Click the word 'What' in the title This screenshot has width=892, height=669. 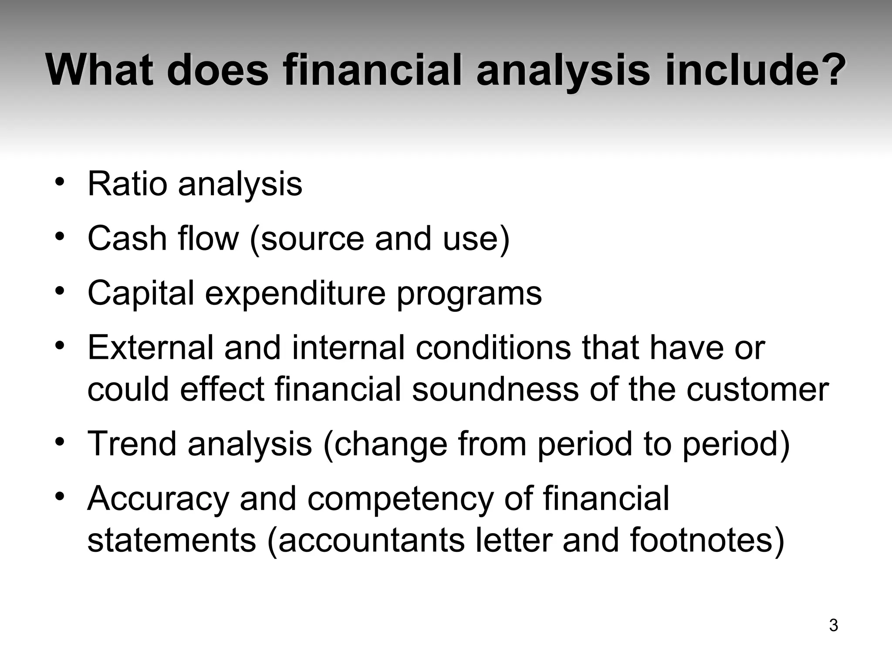pos(100,70)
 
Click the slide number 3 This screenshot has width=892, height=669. pos(833,625)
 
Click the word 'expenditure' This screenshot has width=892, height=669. pos(295,294)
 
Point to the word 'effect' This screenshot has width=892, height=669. pos(222,389)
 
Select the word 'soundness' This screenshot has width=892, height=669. pos(495,389)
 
